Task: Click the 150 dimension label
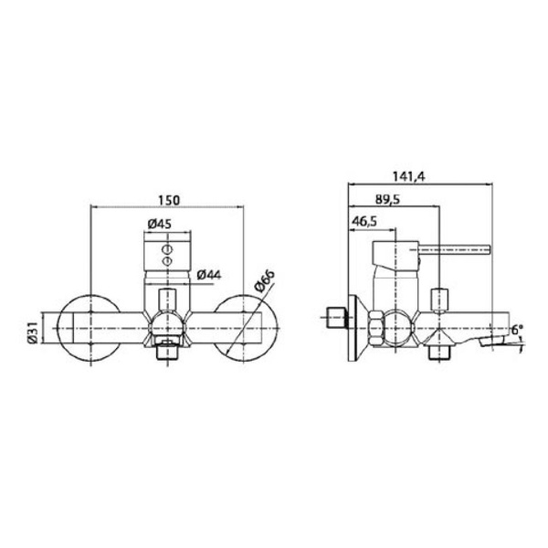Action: (x=169, y=201)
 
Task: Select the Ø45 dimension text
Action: (x=160, y=224)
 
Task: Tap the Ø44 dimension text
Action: (x=209, y=275)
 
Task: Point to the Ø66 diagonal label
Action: (x=265, y=281)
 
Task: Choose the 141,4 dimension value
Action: (x=408, y=176)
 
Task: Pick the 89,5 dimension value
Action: (x=387, y=199)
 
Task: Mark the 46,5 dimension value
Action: (x=364, y=221)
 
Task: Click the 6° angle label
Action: (x=518, y=329)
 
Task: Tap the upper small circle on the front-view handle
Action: (x=167, y=249)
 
